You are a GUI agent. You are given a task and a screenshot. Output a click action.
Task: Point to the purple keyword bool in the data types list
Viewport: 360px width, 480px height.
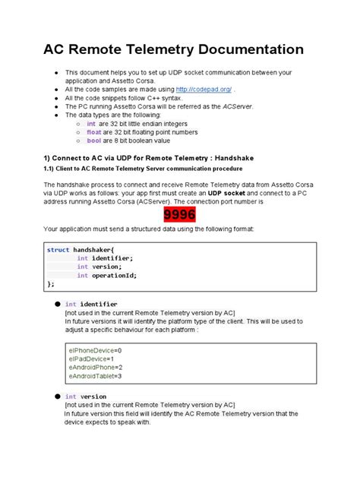click(x=93, y=141)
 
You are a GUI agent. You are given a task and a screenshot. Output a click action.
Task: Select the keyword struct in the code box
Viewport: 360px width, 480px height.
click(x=58, y=249)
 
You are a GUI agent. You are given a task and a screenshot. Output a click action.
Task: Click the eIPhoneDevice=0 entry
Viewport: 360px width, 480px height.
click(x=95, y=349)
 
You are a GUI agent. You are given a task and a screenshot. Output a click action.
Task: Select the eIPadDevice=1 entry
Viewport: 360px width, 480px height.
click(x=91, y=358)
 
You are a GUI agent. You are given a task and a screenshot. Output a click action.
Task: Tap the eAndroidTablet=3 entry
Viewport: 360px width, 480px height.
click(x=96, y=376)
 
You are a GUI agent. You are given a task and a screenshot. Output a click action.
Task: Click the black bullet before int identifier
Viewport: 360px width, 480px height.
click(x=56, y=304)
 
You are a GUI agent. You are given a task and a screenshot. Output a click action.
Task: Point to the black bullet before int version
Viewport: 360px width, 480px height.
click(x=56, y=396)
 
